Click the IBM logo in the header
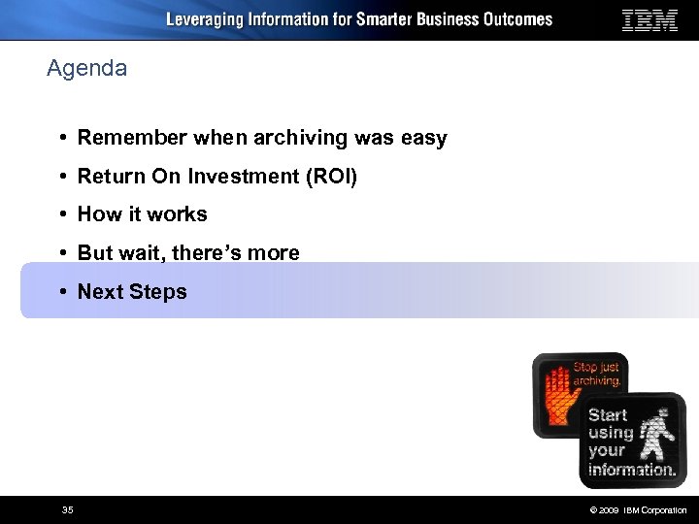(x=649, y=20)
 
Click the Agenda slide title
(x=86, y=69)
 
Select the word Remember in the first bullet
(x=132, y=138)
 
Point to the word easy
(x=423, y=139)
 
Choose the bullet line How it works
(x=142, y=214)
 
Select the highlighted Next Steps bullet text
(x=132, y=292)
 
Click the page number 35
(x=67, y=509)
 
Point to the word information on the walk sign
(x=632, y=469)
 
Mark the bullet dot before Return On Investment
(x=61, y=176)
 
